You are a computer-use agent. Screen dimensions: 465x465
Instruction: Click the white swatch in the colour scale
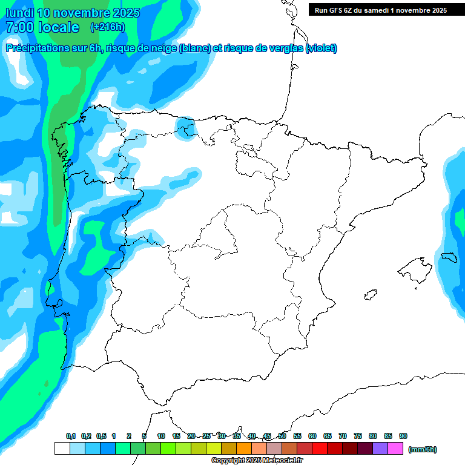[62, 449]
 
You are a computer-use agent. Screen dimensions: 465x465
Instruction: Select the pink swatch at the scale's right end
[395, 449]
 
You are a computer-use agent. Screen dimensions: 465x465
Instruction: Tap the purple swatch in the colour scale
[380, 449]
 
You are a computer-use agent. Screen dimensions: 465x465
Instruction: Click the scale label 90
[403, 436]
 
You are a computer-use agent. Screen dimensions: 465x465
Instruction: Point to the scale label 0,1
[71, 436]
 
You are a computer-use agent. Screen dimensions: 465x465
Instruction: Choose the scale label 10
[161, 436]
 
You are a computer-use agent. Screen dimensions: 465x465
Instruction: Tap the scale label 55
[297, 436]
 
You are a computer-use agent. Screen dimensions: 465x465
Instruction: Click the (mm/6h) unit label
[423, 449]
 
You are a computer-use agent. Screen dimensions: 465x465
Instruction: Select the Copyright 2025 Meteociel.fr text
[257, 461]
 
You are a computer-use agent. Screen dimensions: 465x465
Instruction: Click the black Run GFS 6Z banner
[381, 10]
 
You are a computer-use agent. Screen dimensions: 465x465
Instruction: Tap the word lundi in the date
[19, 13]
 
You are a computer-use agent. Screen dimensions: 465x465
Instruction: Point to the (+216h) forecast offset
[107, 27]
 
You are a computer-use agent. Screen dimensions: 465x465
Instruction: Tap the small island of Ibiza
[370, 294]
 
